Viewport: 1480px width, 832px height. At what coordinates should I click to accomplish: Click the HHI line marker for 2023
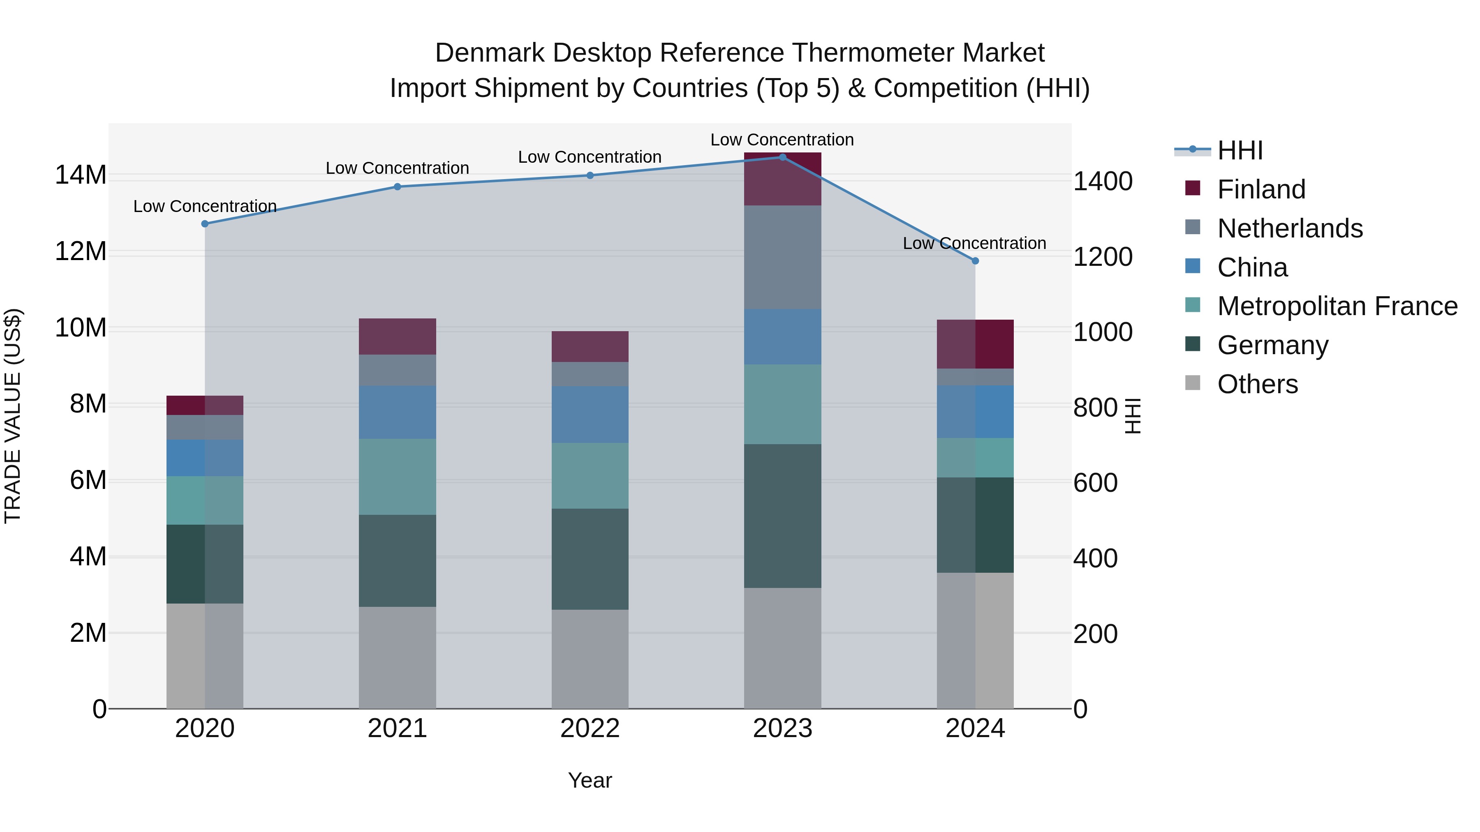(782, 157)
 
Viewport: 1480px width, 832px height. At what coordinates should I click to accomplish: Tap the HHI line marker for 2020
(205, 224)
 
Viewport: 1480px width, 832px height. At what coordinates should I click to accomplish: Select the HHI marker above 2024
(975, 260)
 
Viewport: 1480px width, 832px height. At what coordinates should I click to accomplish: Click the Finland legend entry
(1261, 189)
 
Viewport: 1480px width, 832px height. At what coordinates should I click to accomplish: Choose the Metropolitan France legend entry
(1337, 306)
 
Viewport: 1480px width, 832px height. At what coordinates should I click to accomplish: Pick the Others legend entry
(1257, 384)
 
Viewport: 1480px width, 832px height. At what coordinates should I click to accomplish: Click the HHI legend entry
(1240, 150)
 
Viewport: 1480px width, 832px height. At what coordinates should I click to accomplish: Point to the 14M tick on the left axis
(81, 175)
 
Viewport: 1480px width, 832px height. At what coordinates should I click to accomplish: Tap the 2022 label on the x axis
(590, 728)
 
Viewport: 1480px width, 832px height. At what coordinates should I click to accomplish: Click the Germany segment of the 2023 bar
(782, 515)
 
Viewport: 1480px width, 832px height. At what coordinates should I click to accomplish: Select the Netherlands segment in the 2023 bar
(782, 257)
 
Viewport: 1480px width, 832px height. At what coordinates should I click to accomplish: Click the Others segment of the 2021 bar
(398, 657)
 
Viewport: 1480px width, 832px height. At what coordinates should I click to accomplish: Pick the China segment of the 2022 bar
(590, 414)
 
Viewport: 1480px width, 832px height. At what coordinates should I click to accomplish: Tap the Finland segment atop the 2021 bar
(398, 336)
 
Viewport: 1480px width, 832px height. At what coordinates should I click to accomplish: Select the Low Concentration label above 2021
(398, 168)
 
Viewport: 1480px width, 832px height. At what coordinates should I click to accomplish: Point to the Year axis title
(590, 780)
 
